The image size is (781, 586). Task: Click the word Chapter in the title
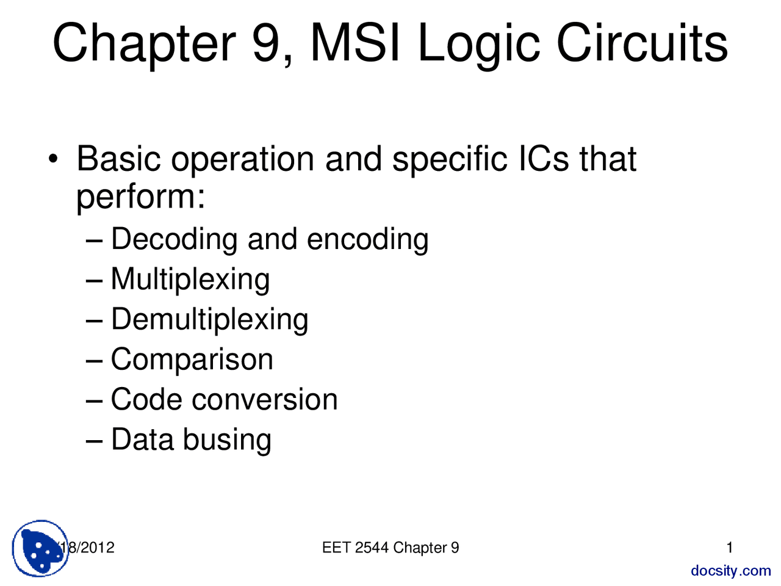click(143, 44)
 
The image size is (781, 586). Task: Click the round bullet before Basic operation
click(54, 159)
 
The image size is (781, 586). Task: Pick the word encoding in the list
click(367, 239)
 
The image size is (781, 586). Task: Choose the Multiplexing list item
click(190, 280)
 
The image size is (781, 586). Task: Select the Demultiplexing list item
click(209, 320)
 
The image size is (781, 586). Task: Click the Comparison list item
click(192, 360)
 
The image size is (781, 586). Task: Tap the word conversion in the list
click(264, 400)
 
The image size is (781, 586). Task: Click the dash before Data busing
click(94, 440)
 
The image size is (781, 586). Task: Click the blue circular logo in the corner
click(40, 548)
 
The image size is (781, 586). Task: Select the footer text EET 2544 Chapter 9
click(390, 548)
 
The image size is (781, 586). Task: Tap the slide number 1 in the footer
click(730, 548)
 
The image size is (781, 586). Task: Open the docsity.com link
click(730, 571)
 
